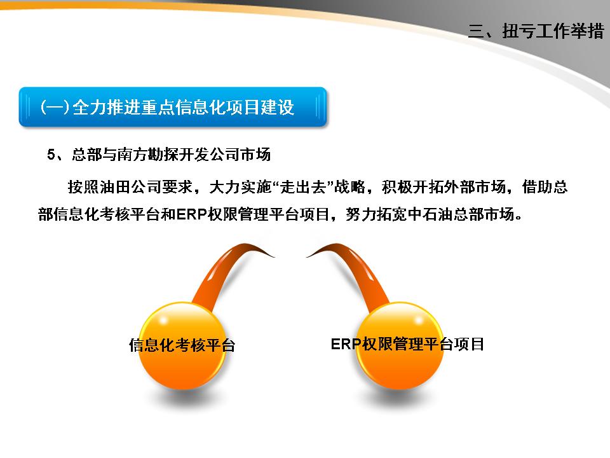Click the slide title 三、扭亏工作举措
(x=535, y=32)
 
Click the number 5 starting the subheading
(x=51, y=154)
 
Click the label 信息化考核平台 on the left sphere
(x=182, y=345)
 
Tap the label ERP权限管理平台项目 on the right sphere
(x=407, y=344)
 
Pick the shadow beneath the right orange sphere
(x=400, y=400)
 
